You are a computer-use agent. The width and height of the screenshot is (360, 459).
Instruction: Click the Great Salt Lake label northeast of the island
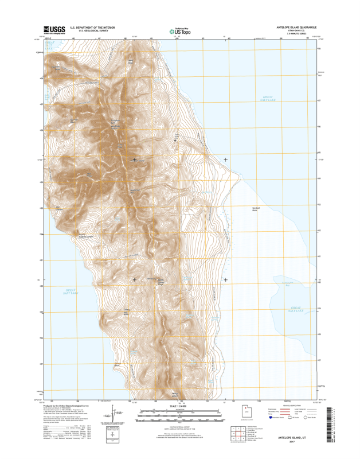pyautogui.click(x=268, y=99)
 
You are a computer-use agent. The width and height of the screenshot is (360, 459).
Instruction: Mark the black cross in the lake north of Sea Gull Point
pyautogui.click(x=225, y=160)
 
